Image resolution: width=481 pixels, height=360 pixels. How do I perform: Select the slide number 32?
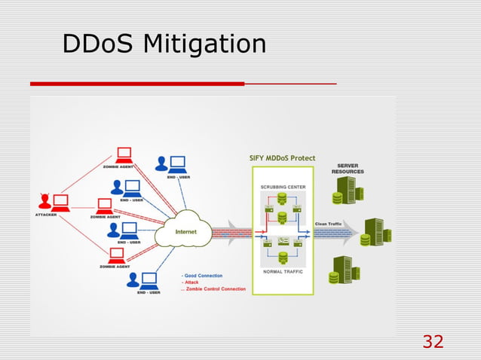coord(433,341)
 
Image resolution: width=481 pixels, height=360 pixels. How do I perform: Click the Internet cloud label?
coord(185,232)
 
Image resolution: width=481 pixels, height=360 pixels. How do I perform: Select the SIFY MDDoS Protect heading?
coord(282,157)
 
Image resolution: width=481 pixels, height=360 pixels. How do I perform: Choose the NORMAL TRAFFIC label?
coord(283,270)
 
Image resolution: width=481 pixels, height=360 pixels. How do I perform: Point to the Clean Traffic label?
coord(329,224)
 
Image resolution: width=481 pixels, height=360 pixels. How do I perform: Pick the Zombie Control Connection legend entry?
coord(216,289)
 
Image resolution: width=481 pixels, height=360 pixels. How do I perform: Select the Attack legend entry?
coord(192,282)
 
